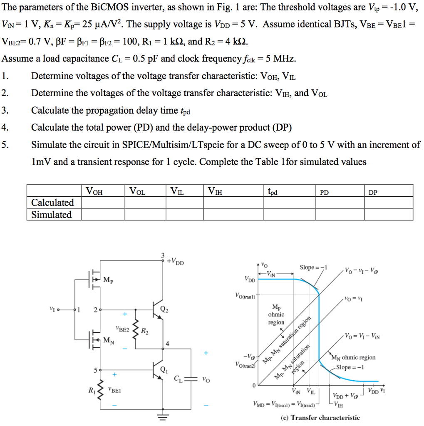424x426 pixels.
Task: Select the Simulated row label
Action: (52, 215)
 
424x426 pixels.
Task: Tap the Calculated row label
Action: (52, 203)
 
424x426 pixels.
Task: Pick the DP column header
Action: (373, 192)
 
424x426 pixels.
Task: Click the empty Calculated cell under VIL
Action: (185, 203)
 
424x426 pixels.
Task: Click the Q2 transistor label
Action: (165, 309)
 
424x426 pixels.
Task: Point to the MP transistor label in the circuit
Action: (108, 281)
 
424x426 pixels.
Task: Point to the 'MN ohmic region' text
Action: (353, 357)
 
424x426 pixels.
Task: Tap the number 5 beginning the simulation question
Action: (4, 145)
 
